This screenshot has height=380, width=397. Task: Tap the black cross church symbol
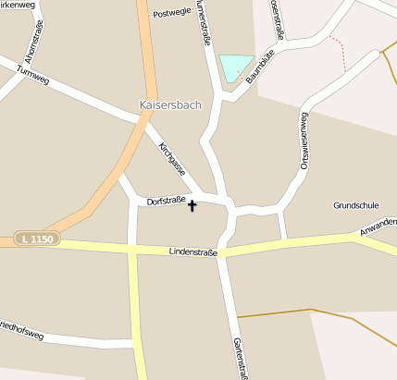click(x=192, y=205)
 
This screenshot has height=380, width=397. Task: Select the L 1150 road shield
click(x=37, y=239)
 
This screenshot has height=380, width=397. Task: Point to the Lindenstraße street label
click(x=193, y=251)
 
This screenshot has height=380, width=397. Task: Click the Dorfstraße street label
click(x=167, y=200)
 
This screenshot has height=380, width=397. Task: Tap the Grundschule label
click(x=356, y=204)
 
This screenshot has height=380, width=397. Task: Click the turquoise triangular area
click(x=235, y=67)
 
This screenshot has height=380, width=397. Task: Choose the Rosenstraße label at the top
click(x=277, y=18)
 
